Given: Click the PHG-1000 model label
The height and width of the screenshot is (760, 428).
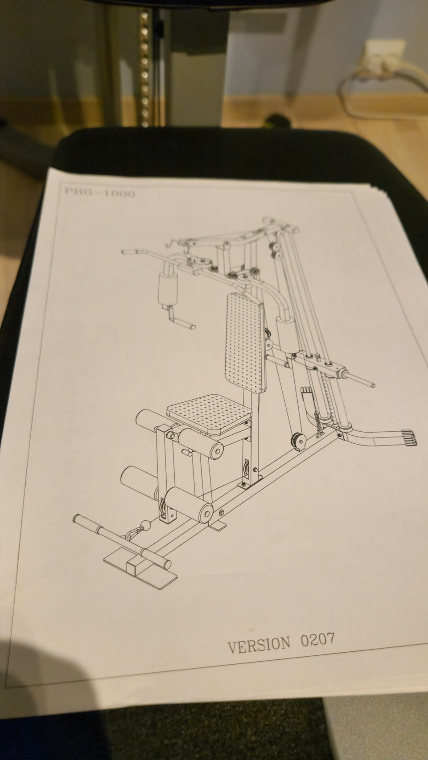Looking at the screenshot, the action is click(99, 193).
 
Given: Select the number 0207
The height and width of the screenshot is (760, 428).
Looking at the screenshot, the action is click(317, 639).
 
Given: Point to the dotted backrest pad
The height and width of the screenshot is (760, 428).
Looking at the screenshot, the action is click(245, 344).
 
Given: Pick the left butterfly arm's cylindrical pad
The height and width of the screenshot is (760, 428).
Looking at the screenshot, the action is click(168, 290).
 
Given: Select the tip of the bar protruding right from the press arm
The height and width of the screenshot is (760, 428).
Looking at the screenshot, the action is click(373, 385).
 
